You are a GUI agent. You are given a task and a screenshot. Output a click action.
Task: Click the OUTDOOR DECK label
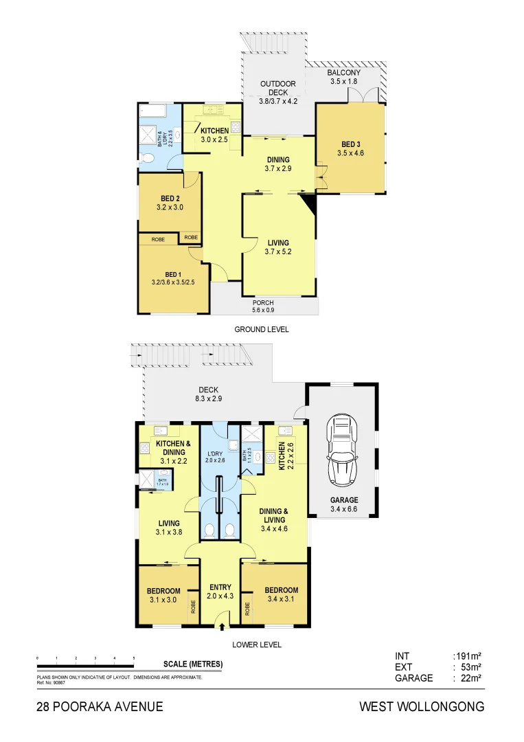point(277,89)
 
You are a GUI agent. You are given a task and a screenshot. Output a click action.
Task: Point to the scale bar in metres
point(85,664)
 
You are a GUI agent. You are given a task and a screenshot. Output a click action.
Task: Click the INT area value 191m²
point(466,656)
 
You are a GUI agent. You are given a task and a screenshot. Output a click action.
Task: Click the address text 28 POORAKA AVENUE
point(100,706)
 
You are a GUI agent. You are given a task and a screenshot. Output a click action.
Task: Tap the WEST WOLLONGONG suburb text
point(422,706)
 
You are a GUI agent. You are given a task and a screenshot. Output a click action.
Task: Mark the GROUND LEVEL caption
point(262,330)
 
